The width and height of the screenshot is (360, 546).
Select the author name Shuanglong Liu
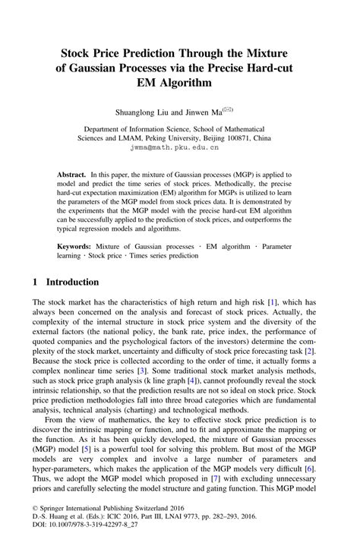pos(144,112)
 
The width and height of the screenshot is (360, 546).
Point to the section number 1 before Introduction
pos(36,282)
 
